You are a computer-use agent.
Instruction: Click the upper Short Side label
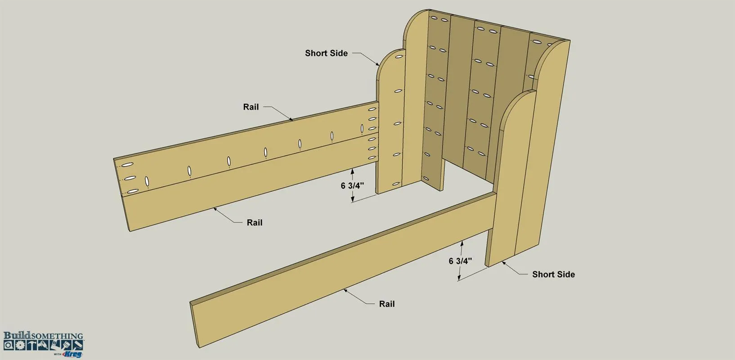(326, 53)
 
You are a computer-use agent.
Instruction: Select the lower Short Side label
(553, 274)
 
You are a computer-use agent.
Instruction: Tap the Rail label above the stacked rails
(251, 107)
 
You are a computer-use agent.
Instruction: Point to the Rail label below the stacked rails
(255, 222)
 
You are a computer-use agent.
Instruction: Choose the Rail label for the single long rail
(387, 304)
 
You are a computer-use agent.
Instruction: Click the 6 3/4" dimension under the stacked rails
(352, 186)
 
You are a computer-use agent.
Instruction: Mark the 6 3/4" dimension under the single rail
(460, 261)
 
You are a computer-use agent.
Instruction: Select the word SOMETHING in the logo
(57, 336)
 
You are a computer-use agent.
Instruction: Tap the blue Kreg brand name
(72, 355)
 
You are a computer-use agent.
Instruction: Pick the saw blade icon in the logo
(20, 345)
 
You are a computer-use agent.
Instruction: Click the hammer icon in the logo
(31, 345)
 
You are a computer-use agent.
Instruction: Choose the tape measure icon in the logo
(9, 345)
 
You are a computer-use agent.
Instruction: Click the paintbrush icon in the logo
(66, 345)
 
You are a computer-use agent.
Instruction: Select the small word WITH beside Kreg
(58, 355)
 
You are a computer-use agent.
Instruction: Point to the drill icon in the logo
(43, 345)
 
